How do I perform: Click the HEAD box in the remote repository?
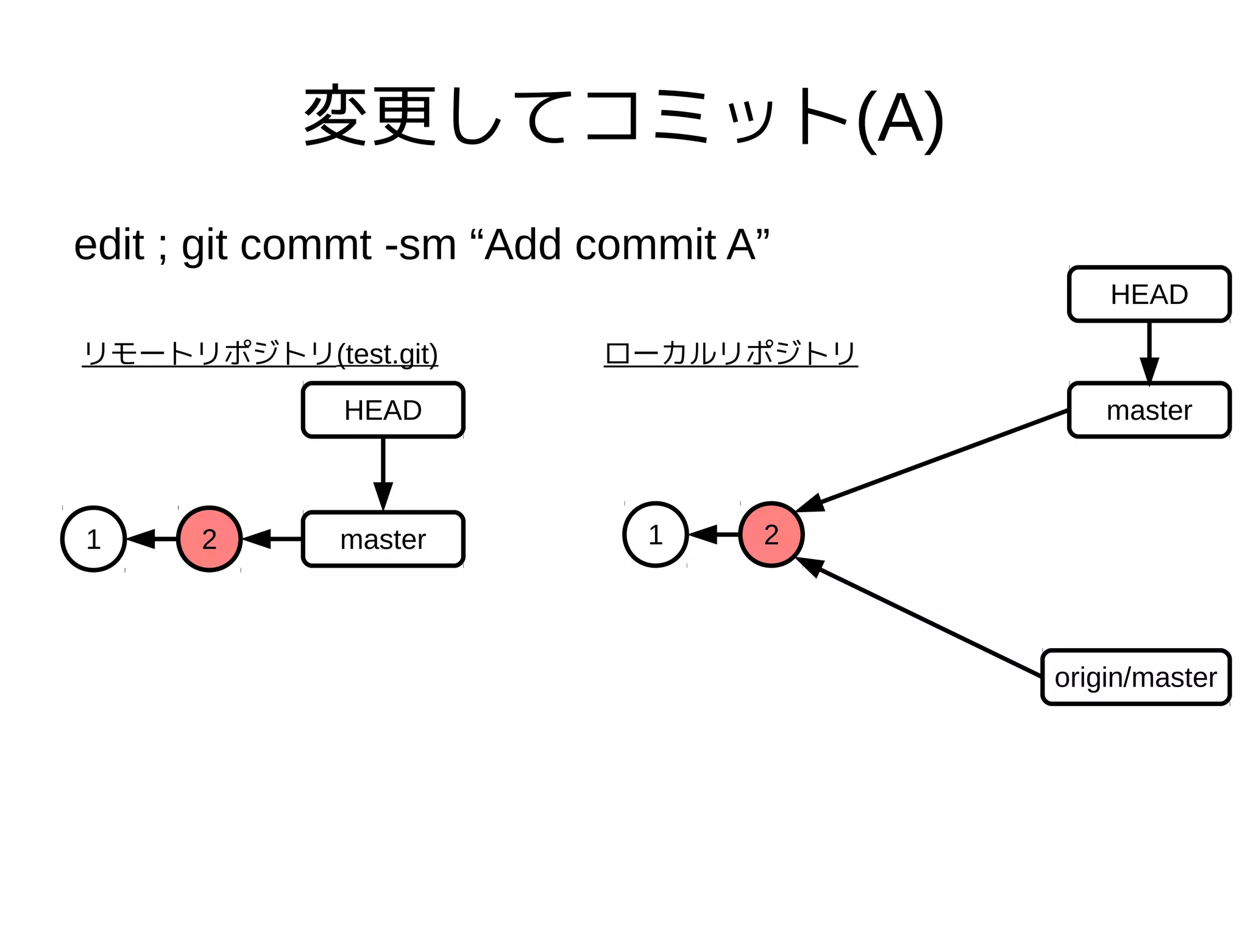pos(383,410)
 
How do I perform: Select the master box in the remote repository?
pos(383,539)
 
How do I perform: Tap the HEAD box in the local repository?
pos(1149,294)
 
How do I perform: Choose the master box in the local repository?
pos(1149,410)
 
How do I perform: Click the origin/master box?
pos(1135,677)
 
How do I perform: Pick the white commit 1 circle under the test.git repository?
pos(93,539)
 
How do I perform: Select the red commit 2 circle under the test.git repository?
pos(209,539)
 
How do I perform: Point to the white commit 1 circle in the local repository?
pos(655,535)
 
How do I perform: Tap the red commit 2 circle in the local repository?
pos(771,535)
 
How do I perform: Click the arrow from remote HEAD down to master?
pos(383,472)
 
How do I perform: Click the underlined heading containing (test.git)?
pos(260,353)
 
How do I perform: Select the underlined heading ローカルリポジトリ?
pos(731,353)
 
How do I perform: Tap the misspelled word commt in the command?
pos(306,245)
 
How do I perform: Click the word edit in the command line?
pos(109,245)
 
